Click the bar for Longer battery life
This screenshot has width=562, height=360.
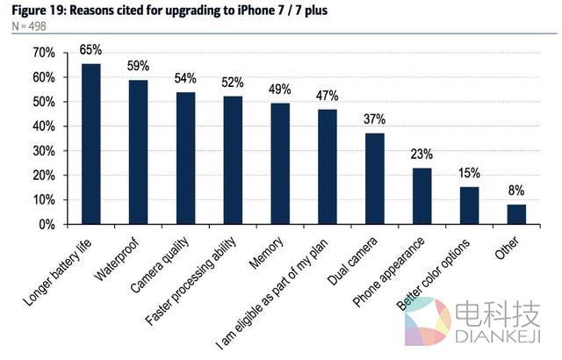click(90, 144)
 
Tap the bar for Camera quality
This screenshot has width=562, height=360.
click(185, 158)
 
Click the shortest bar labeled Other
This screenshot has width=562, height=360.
click(517, 214)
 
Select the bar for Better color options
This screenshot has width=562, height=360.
click(470, 205)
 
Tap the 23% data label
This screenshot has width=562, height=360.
click(422, 155)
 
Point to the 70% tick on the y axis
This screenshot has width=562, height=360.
click(43, 54)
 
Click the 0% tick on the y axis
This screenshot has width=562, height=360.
click(47, 225)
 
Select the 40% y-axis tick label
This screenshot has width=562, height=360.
click(43, 126)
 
